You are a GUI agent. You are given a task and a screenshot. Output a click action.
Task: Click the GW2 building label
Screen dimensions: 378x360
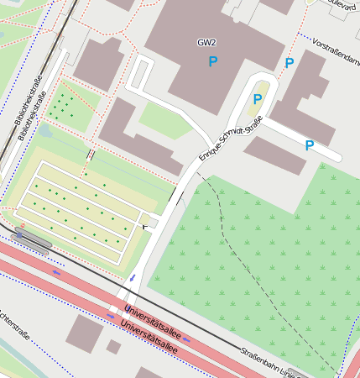click(x=206, y=42)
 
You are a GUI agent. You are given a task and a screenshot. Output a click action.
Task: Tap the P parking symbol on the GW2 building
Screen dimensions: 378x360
click(x=212, y=61)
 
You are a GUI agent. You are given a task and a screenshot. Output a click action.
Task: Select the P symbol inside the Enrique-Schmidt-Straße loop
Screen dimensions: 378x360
click(x=258, y=99)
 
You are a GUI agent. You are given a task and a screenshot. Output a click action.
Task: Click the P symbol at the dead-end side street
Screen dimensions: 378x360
click(x=309, y=145)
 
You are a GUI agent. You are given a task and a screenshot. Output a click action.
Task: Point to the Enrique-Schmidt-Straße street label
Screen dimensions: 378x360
click(x=231, y=139)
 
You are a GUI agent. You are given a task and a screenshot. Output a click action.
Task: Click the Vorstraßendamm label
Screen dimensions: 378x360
click(x=335, y=48)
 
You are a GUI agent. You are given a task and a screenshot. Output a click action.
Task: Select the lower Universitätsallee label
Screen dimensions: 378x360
click(x=149, y=333)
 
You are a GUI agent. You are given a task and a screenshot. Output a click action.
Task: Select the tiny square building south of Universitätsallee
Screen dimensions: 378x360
click(x=113, y=347)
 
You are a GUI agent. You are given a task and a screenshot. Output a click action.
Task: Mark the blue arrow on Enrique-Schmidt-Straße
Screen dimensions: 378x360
click(x=132, y=277)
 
